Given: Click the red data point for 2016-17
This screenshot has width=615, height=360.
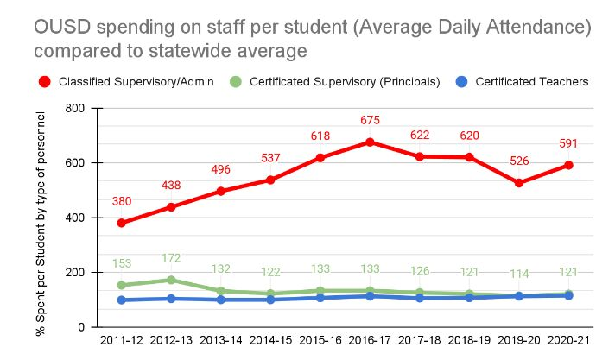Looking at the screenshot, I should click(371, 142).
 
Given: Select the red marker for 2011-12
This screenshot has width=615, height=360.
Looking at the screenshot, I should click(121, 223).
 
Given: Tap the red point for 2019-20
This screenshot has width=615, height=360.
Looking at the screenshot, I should click(519, 183).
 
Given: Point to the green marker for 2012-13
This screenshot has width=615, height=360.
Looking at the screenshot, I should click(171, 280).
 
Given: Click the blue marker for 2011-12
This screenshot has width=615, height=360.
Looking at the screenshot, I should click(121, 300).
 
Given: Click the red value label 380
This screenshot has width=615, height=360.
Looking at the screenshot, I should click(121, 201).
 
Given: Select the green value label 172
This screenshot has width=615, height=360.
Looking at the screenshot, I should click(171, 257).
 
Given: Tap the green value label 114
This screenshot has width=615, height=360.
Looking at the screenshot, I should click(519, 273).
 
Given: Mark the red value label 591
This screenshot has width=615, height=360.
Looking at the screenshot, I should click(568, 143).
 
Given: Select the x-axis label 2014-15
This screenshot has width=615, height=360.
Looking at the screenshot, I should click(270, 343).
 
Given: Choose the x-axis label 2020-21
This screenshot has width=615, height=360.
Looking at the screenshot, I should click(568, 343).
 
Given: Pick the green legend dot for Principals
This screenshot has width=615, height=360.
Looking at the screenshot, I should click(236, 82).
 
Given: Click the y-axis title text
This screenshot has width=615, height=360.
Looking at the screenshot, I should click(41, 217).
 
